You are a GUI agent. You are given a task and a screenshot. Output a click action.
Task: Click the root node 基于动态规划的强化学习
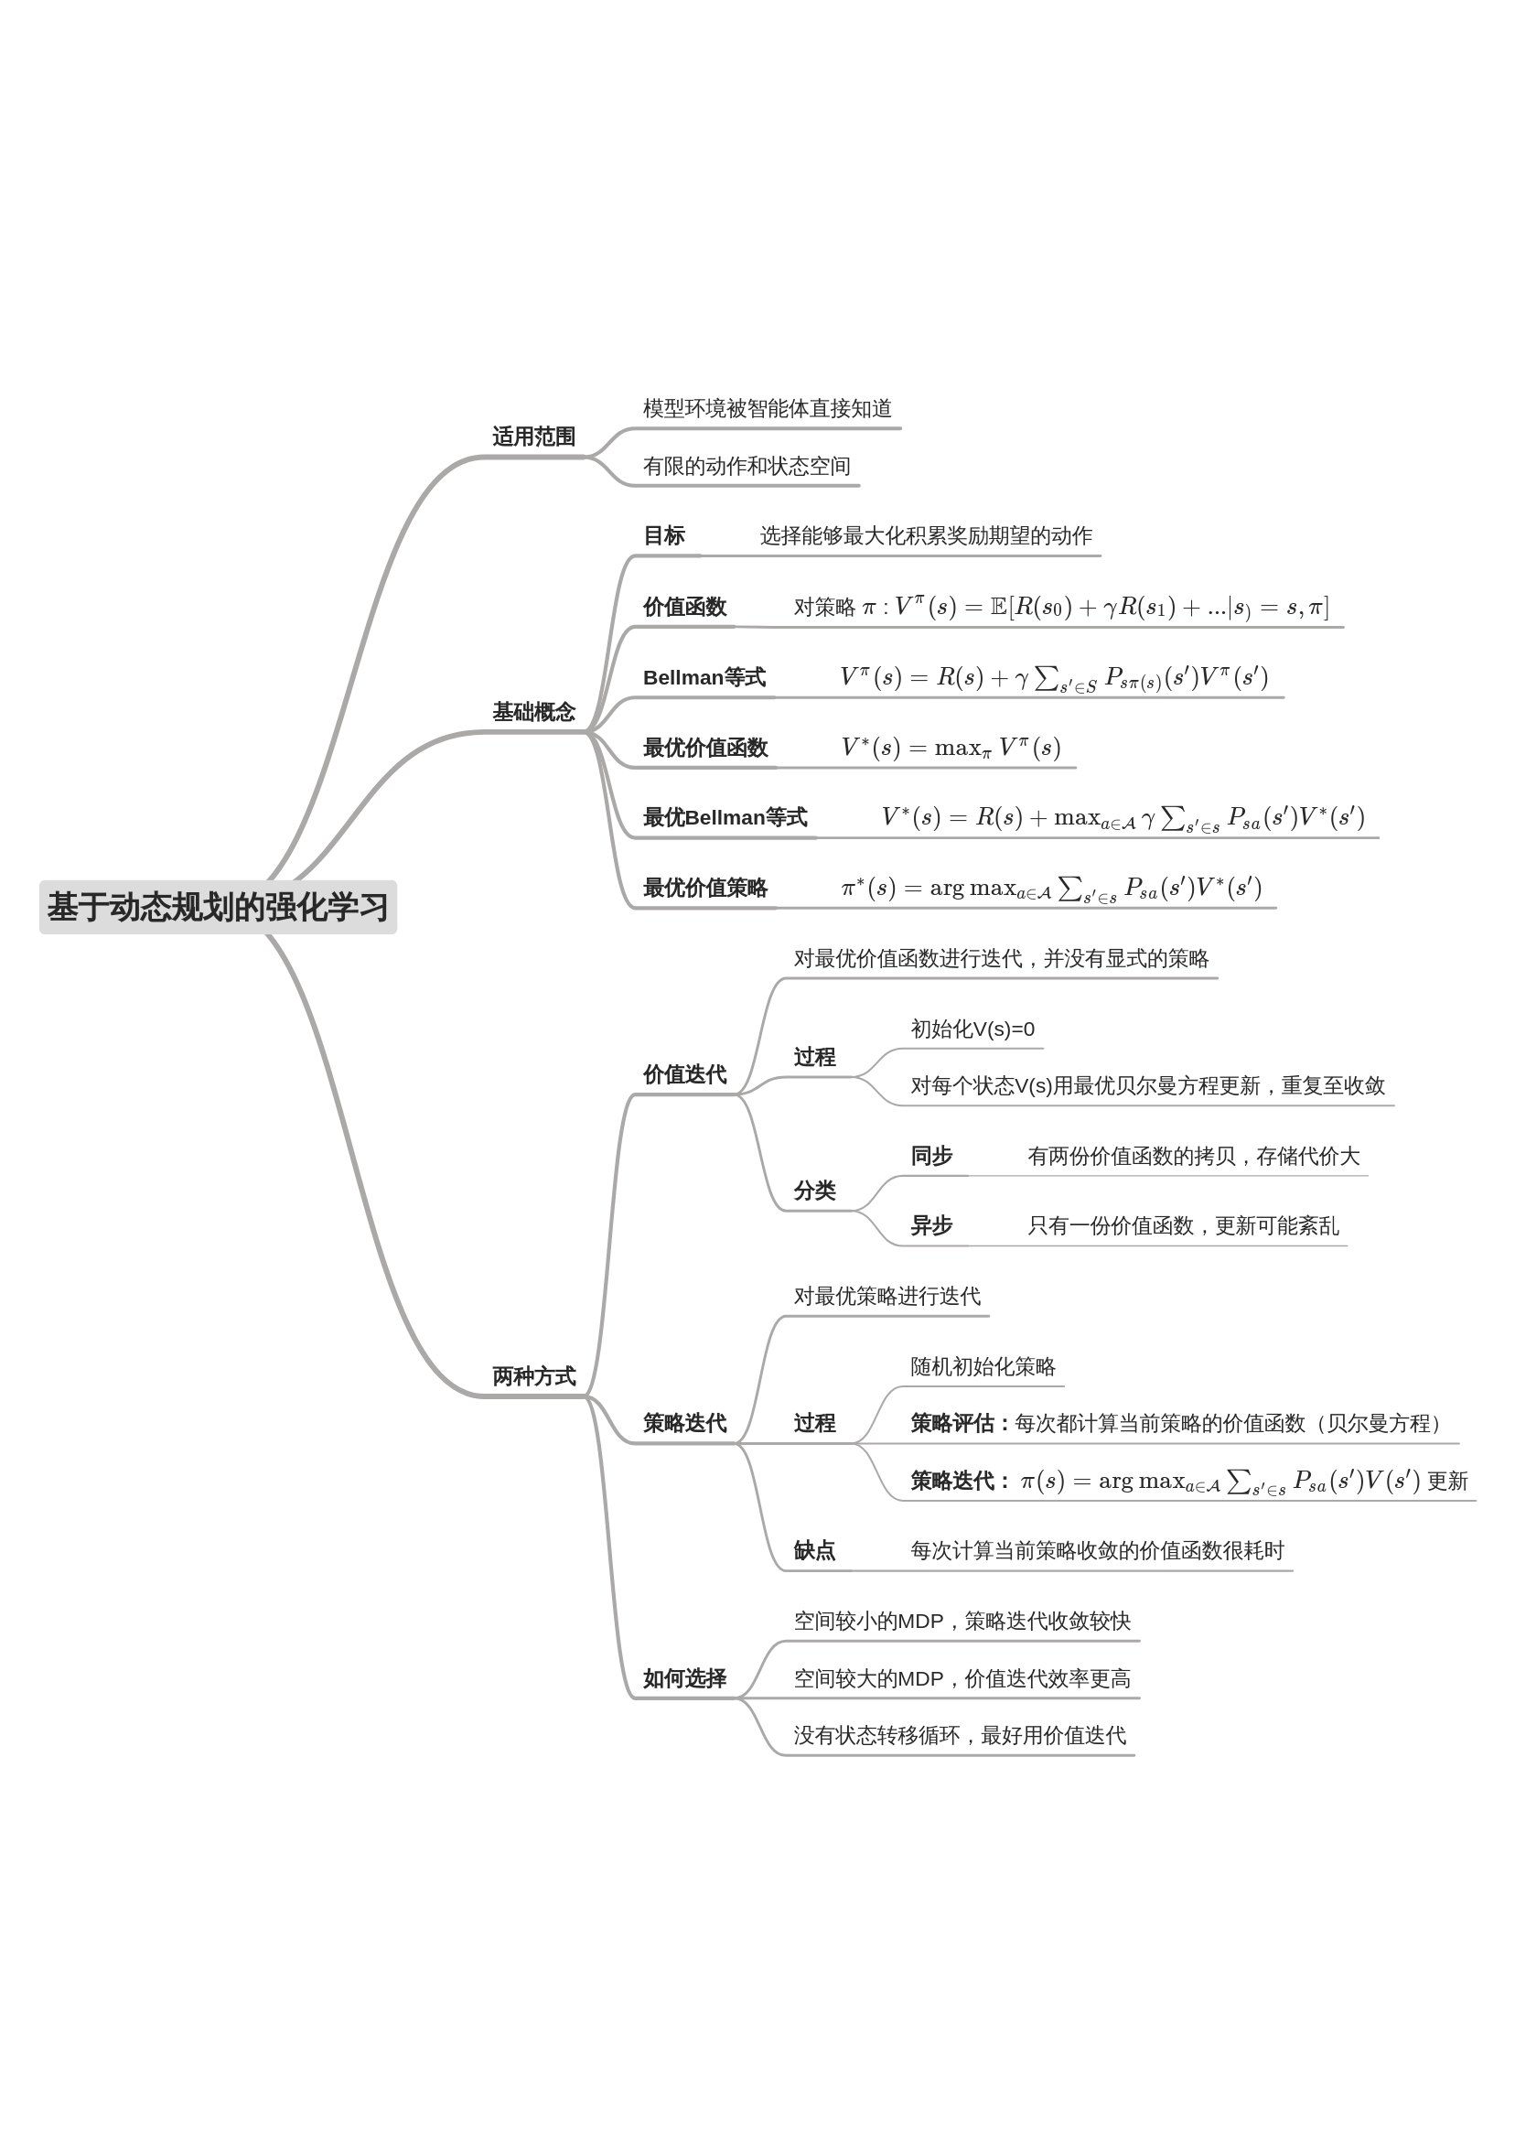[218, 906]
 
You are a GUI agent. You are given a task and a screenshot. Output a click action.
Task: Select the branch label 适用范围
[533, 437]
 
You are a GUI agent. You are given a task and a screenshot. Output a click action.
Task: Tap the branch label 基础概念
[533, 712]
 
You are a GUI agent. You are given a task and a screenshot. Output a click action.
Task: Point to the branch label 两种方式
[533, 1376]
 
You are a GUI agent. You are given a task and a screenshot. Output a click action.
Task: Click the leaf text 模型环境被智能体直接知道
[767, 408]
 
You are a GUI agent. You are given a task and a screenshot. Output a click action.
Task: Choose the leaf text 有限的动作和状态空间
[747, 465]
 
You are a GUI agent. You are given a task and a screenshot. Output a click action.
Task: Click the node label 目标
[663, 535]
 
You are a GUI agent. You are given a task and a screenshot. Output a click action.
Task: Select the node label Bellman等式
[704, 677]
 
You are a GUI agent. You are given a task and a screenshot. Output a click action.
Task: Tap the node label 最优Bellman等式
[724, 817]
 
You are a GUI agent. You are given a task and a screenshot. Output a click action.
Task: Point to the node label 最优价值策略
[704, 888]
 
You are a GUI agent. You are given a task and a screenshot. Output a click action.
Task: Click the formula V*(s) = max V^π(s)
[950, 748]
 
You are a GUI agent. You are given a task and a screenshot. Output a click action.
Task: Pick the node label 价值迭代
[683, 1074]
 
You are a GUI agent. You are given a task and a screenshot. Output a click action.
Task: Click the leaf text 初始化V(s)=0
[972, 1029]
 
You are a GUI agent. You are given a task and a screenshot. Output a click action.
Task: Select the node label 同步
[930, 1156]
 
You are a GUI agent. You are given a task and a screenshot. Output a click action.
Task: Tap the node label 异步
[930, 1225]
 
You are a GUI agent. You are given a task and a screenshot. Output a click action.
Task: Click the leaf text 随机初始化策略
[983, 1367]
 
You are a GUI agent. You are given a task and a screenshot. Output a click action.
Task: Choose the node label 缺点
[813, 1551]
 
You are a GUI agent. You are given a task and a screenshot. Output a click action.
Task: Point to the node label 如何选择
[683, 1679]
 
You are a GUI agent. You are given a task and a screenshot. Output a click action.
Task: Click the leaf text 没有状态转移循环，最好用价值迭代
[960, 1735]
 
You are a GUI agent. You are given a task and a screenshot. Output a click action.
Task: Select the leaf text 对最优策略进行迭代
[886, 1296]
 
